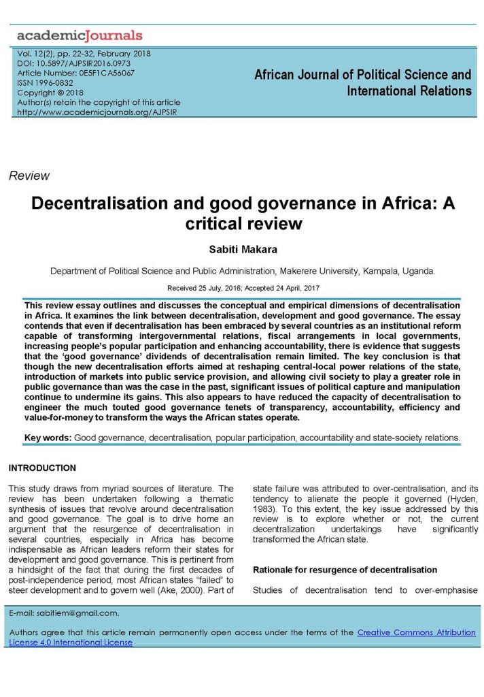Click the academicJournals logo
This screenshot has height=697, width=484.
tap(80, 35)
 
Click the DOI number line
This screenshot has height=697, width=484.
tap(73, 63)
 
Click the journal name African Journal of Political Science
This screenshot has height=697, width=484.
tap(362, 74)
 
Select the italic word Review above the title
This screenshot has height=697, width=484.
tap(29, 176)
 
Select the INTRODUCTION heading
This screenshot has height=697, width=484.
tap(42, 468)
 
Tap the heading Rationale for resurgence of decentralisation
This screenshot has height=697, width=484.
tap(345, 569)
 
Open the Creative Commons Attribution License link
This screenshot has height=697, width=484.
tap(416, 632)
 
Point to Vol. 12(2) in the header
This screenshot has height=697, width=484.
tap(36, 53)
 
